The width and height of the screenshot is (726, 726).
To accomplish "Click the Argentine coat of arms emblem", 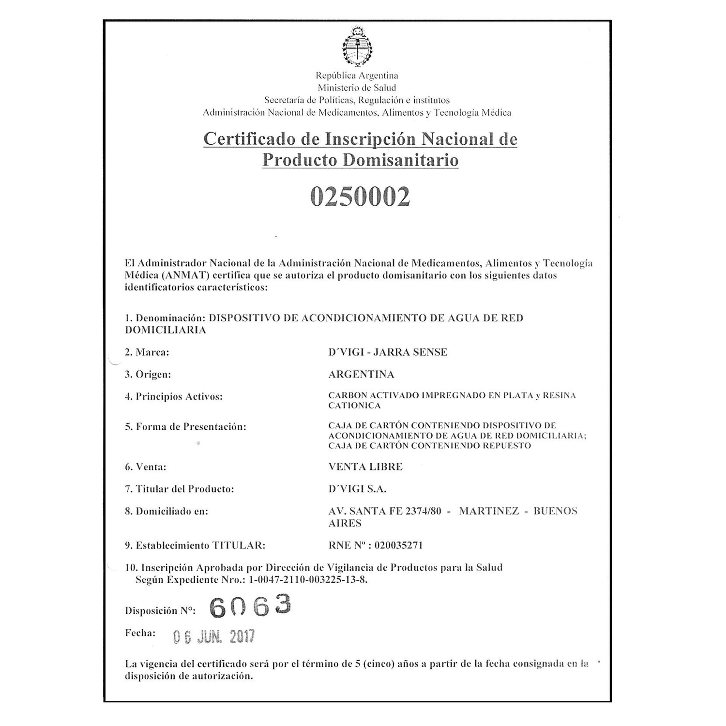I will [357, 47].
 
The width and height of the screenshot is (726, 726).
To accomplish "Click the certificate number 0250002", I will [360, 197].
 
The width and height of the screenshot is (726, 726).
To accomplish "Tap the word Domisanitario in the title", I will [400, 160].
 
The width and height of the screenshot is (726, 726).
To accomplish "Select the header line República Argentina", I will [357, 76].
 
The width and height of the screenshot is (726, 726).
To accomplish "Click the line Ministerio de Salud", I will [357, 88].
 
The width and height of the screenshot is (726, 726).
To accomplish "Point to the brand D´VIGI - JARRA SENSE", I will [388, 352].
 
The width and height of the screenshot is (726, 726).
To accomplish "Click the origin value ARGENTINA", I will [361, 375].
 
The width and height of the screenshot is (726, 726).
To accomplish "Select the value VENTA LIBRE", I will [365, 467].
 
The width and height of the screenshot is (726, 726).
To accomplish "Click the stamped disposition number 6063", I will [251, 606].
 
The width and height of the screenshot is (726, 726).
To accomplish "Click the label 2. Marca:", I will [147, 352].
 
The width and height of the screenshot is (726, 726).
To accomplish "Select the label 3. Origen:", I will [148, 375].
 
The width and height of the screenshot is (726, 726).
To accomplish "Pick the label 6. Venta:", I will [146, 467].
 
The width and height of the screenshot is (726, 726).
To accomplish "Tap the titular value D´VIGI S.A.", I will [357, 489].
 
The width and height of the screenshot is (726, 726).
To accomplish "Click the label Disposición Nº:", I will [160, 611].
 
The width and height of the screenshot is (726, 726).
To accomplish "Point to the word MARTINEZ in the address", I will [489, 511].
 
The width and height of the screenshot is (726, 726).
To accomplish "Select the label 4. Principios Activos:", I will [174, 397].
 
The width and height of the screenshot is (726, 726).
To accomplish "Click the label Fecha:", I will [140, 633].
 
